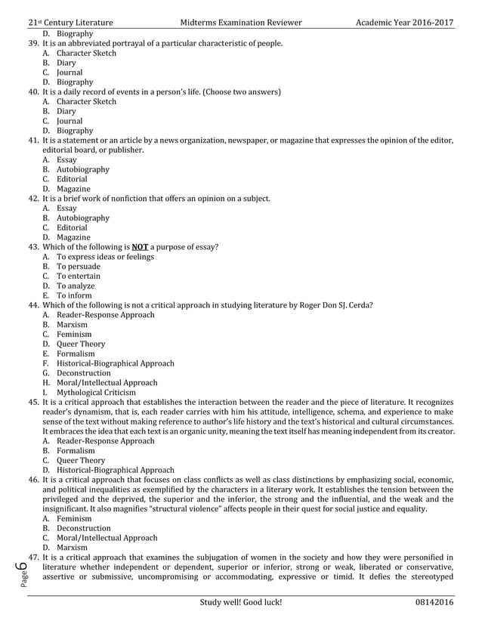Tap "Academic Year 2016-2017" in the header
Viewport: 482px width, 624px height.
[404, 23]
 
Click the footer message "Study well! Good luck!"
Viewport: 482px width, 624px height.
[241, 602]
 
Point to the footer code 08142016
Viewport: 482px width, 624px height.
[434, 602]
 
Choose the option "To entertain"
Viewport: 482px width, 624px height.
[79, 276]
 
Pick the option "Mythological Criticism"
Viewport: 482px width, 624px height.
[97, 393]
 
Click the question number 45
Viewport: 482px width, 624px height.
[34, 403]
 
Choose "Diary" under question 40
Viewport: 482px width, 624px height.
[66, 111]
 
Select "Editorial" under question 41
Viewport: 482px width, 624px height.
[72, 179]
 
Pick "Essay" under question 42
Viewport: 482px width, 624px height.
[66, 208]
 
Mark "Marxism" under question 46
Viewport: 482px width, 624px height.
[73, 548]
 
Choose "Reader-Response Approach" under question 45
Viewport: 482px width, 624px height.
[106, 441]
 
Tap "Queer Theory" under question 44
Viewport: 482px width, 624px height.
[82, 344]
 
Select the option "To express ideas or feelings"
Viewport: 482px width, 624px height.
[106, 257]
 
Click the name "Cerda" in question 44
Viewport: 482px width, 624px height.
[357, 305]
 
